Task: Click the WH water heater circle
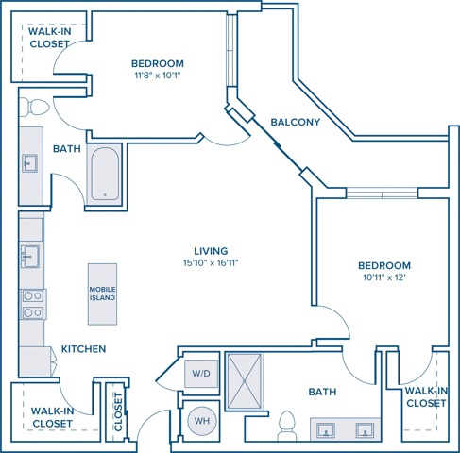(x=202, y=421)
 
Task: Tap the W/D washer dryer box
(x=201, y=374)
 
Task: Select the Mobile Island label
(x=102, y=294)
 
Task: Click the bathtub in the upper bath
(x=105, y=174)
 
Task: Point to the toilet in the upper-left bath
(x=34, y=107)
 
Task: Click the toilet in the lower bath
(x=287, y=426)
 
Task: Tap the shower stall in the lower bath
(x=245, y=381)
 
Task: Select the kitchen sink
(x=30, y=257)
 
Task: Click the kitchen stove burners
(x=33, y=304)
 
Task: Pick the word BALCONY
(x=296, y=122)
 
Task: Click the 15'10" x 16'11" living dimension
(x=211, y=263)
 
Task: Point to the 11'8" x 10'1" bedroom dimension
(x=158, y=75)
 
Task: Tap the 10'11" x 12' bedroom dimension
(x=384, y=277)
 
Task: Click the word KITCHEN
(x=83, y=349)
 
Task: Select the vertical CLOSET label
(x=118, y=411)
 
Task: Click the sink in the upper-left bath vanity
(x=29, y=163)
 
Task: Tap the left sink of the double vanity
(x=326, y=430)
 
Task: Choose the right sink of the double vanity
(x=365, y=430)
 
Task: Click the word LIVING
(x=211, y=251)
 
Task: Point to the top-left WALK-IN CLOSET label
(x=49, y=38)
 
